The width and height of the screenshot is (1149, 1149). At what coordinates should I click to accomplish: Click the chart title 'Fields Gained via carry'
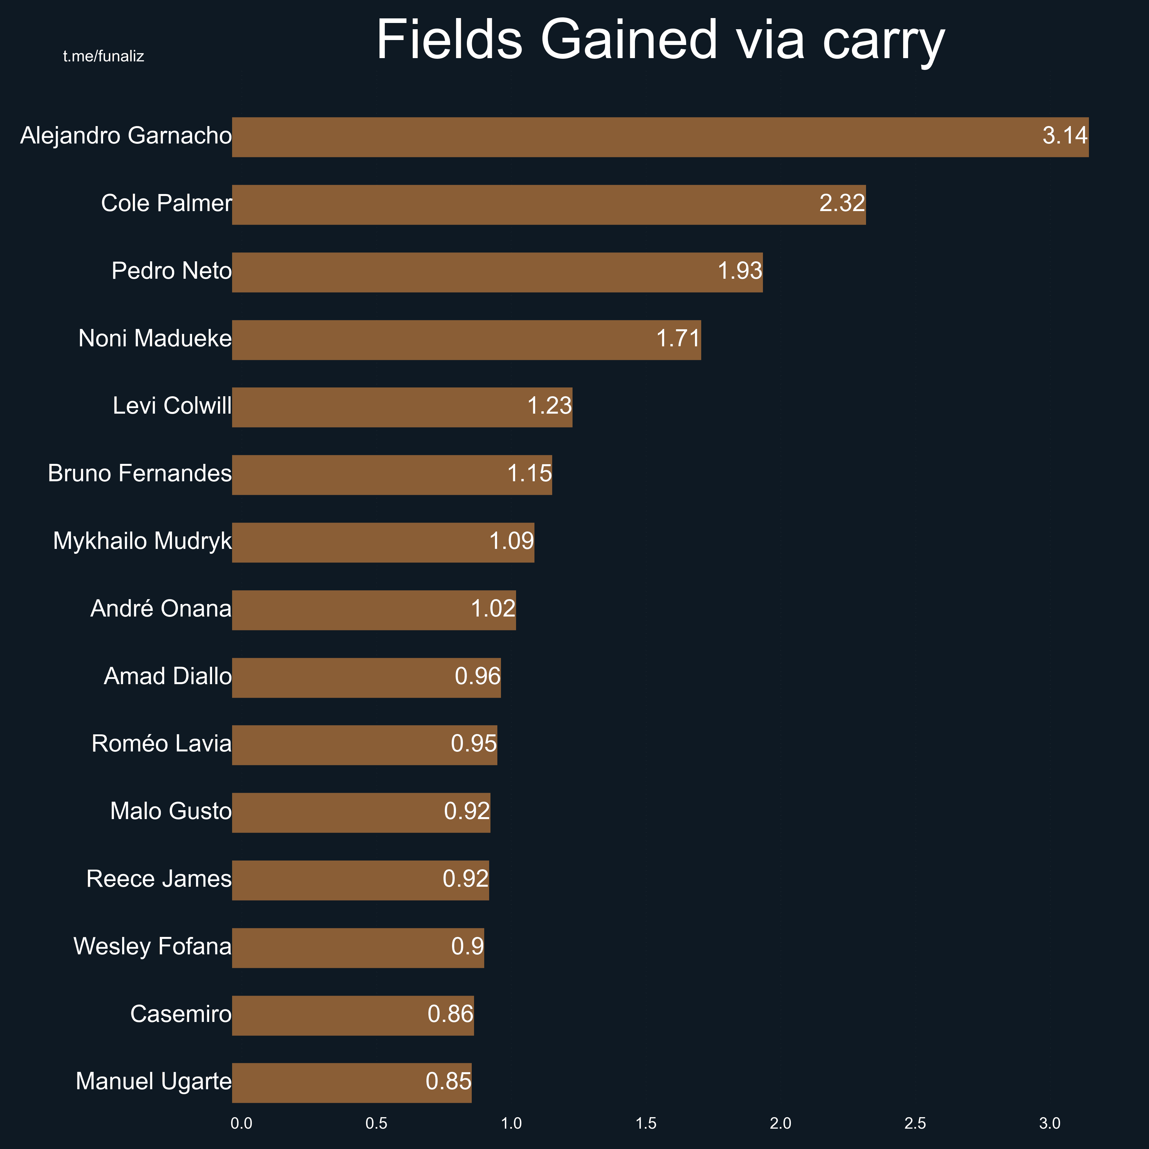pos(660,40)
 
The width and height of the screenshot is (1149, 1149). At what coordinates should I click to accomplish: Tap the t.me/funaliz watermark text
pos(103,56)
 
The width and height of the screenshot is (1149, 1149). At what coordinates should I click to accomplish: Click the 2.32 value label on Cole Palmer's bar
pos(841,204)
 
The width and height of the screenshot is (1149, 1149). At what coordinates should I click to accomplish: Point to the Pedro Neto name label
pos(171,271)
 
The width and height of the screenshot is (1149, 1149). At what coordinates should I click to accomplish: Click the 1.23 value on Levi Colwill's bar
pos(549,406)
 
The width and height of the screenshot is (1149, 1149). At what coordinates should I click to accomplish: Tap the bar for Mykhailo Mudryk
pos(383,542)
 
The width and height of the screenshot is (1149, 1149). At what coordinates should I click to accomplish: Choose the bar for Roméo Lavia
pos(364,745)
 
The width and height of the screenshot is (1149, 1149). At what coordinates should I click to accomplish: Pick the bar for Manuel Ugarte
pos(352,1083)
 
